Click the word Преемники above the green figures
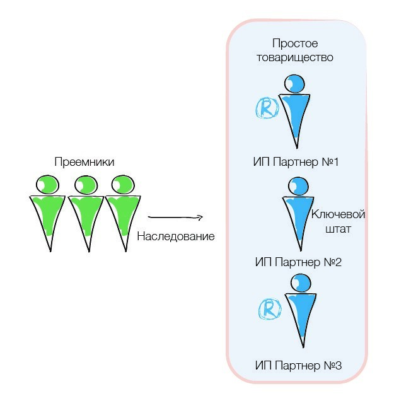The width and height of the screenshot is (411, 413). [84, 162]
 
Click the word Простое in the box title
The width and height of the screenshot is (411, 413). [294, 44]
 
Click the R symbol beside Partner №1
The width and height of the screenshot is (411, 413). [267, 108]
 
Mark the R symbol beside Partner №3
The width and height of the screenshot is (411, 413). [270, 308]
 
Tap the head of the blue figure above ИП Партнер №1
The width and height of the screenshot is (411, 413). [294, 83]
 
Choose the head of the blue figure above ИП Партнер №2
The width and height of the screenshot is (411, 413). [298, 185]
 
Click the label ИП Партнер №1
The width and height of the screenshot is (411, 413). [296, 162]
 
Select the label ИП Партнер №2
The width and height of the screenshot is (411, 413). [298, 262]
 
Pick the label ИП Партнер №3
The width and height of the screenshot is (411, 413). [298, 365]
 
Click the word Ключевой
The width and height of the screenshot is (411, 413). [339, 214]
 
